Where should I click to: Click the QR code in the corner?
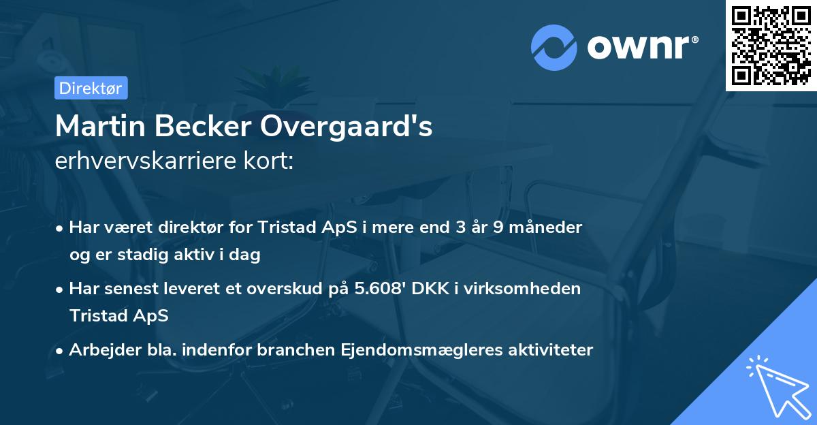click(x=771, y=46)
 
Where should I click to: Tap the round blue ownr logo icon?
click(x=554, y=47)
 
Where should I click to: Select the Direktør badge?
click(x=90, y=88)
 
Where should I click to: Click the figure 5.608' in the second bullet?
click(x=385, y=289)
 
